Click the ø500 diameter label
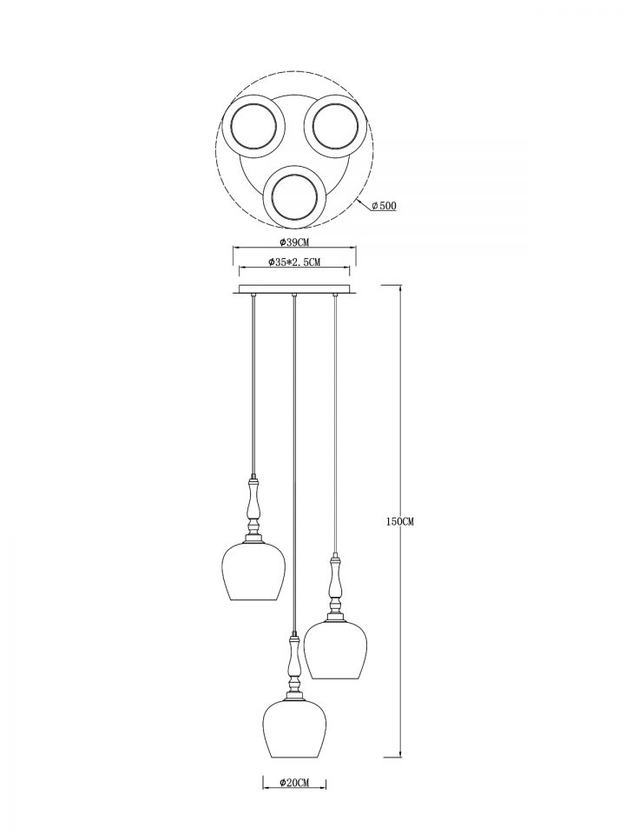(x=384, y=206)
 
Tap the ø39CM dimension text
(x=294, y=242)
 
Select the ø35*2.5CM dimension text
(x=294, y=261)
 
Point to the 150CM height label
(x=399, y=521)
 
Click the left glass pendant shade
(x=253, y=572)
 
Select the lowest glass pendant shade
(x=294, y=729)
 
